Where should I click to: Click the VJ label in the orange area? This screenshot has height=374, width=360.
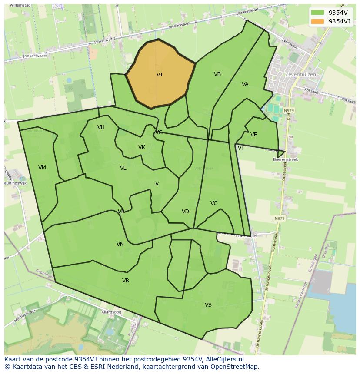pyautogui.click(x=159, y=75)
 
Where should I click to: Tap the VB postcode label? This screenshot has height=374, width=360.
pyautogui.click(x=217, y=74)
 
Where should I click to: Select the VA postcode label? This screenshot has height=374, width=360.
pyautogui.click(x=245, y=84)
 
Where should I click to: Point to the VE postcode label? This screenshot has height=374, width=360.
pyautogui.click(x=254, y=135)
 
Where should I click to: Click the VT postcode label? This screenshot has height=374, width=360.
pyautogui.click(x=241, y=148)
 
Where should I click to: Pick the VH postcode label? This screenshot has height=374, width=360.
pyautogui.click(x=101, y=127)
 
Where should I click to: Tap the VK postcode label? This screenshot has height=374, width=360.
pyautogui.click(x=142, y=147)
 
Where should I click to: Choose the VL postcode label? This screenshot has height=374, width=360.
pyautogui.click(x=123, y=168)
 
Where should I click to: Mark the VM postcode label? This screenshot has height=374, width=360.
pyautogui.click(x=42, y=168)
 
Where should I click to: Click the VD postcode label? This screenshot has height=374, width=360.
pyautogui.click(x=185, y=212)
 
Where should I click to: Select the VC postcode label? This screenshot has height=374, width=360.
pyautogui.click(x=214, y=203)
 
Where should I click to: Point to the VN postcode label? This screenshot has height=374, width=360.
pyautogui.click(x=120, y=244)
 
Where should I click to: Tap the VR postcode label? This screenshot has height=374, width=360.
pyautogui.click(x=126, y=281)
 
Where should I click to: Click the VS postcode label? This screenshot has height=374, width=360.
pyautogui.click(x=208, y=305)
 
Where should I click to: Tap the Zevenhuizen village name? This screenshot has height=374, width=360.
pyautogui.click(x=300, y=74)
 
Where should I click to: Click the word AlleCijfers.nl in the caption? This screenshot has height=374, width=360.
pyautogui.click(x=224, y=359)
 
